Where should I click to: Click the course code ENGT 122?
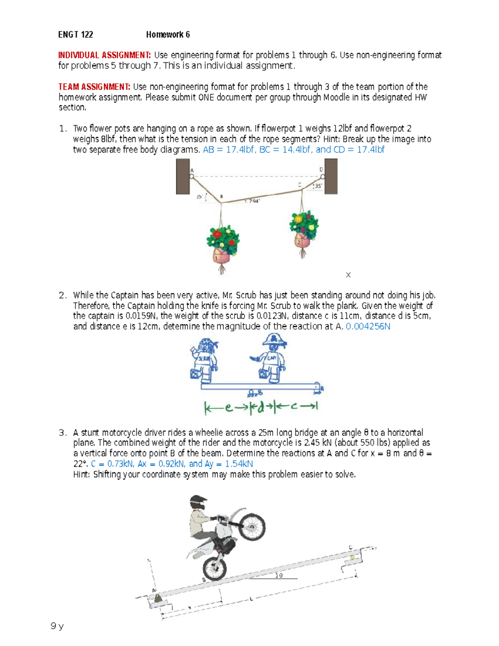pyautogui.click(x=75, y=35)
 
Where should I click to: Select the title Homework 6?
pyautogui.click(x=168, y=35)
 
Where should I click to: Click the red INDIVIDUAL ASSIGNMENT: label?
pyautogui.click(x=104, y=55)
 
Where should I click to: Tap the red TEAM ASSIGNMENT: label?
pyautogui.click(x=94, y=87)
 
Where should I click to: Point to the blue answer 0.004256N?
pyautogui.click(x=368, y=327)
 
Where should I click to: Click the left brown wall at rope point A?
pyautogui.click(x=183, y=176)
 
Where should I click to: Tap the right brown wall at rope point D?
pyautogui.click(x=331, y=176)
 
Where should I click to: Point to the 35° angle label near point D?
pyautogui.click(x=318, y=186)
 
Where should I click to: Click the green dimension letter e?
pyautogui.click(x=228, y=407)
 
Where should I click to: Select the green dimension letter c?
pyautogui.click(x=294, y=406)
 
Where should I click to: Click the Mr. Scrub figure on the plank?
pyautogui.click(x=204, y=360)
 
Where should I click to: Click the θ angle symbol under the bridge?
pyautogui.click(x=280, y=575)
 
